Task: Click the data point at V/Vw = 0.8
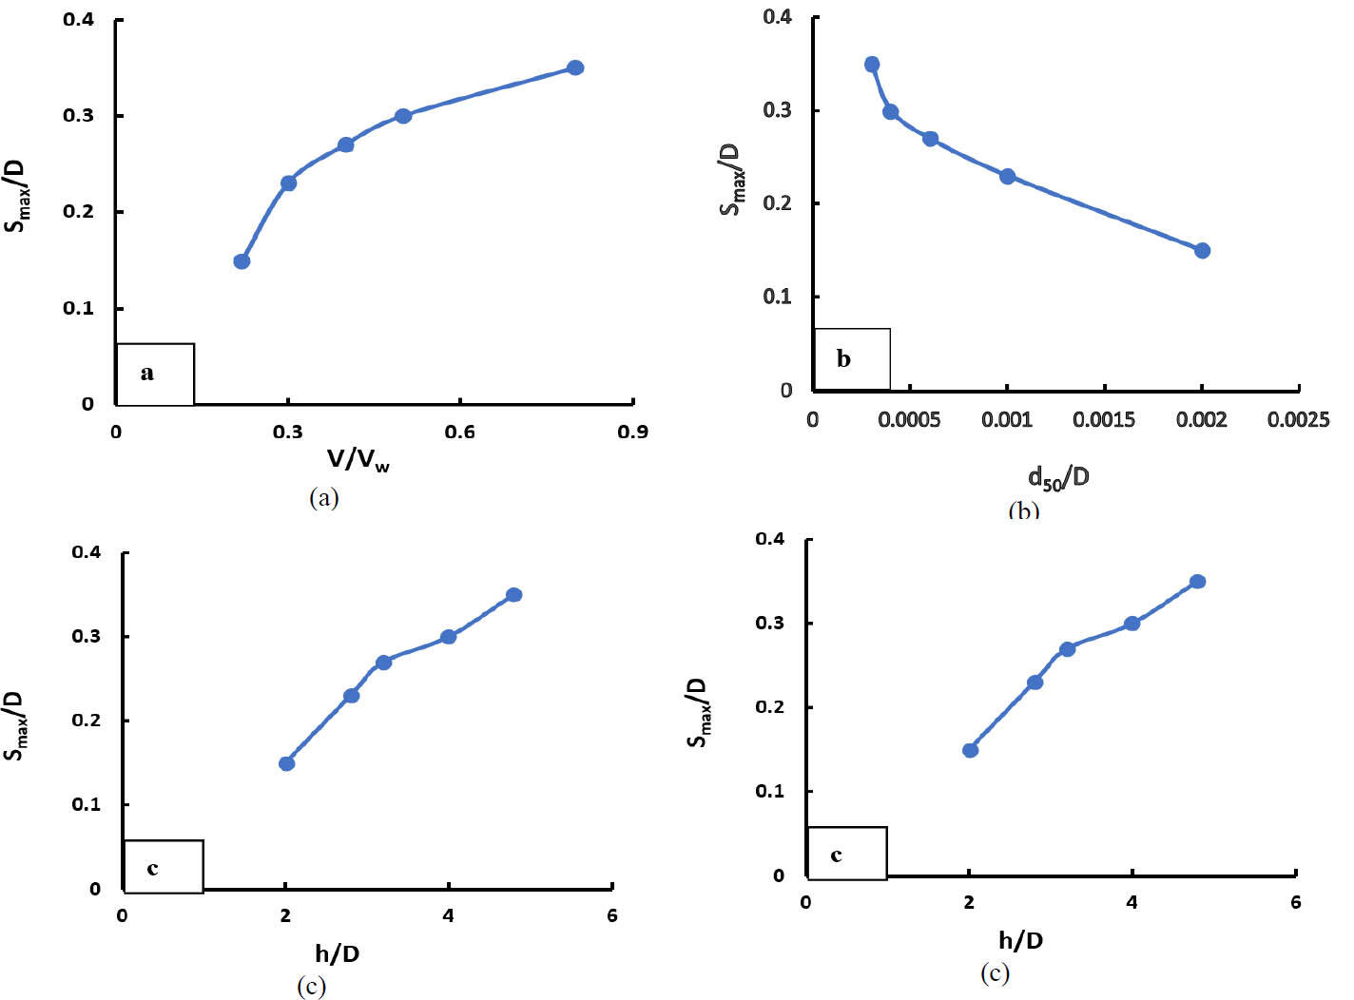pyautogui.click(x=574, y=67)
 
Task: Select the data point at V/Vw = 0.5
pyautogui.click(x=402, y=116)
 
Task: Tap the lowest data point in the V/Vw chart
pyautogui.click(x=242, y=261)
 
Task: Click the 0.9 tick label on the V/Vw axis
pyautogui.click(x=632, y=432)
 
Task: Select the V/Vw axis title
pyautogui.click(x=358, y=461)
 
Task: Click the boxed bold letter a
pyautogui.click(x=146, y=373)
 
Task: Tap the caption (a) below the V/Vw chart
pyautogui.click(x=324, y=497)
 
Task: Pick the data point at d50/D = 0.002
pyautogui.click(x=1202, y=251)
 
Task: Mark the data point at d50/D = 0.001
pyautogui.click(x=1007, y=176)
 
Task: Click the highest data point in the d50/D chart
pyautogui.click(x=872, y=65)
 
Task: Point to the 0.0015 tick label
pyautogui.click(x=1104, y=419)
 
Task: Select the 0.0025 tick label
pyautogui.click(x=1298, y=419)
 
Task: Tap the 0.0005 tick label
pyautogui.click(x=909, y=419)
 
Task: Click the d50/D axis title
pyautogui.click(x=1057, y=477)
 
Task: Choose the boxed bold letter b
pyautogui.click(x=843, y=359)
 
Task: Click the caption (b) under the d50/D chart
pyautogui.click(x=1023, y=511)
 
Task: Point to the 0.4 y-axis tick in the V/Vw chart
pyautogui.click(x=79, y=19)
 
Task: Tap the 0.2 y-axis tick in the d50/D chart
pyautogui.click(x=778, y=203)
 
